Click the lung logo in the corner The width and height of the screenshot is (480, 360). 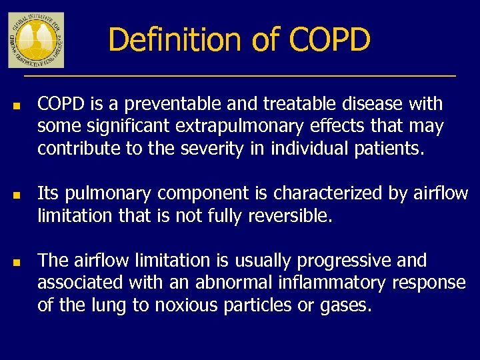pyautogui.click(x=36, y=40)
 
